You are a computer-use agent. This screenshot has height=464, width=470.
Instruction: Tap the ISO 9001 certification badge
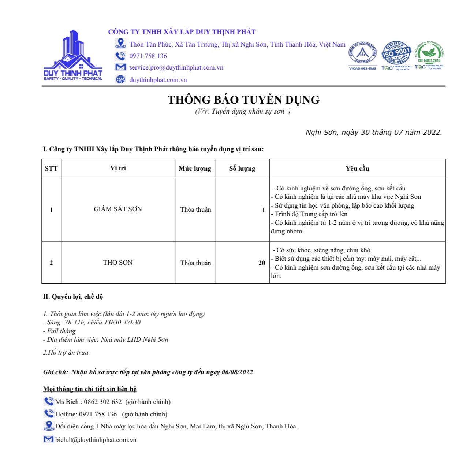pos(396,54)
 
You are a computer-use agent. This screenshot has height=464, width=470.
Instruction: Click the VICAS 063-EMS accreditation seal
pos(362,54)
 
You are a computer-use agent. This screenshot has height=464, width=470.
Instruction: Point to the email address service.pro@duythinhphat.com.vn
pos(176,68)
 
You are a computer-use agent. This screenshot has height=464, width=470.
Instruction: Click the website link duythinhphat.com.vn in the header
pos(158,80)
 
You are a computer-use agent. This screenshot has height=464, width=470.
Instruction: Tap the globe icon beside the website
pos(120,79)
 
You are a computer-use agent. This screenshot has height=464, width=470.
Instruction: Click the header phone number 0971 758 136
pos(148,56)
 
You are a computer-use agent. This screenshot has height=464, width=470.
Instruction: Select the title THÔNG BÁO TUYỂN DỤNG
pos(243,100)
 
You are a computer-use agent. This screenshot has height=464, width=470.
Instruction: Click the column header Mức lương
pos(195,168)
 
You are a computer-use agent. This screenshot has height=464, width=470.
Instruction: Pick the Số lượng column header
pos(242,168)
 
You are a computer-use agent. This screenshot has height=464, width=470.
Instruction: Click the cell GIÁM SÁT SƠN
pos(118,209)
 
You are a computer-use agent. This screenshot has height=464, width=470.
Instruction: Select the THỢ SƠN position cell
pos(118,263)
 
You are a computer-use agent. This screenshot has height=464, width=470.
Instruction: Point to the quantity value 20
pos(262,263)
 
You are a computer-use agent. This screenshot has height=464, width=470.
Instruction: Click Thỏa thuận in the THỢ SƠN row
pos(195,263)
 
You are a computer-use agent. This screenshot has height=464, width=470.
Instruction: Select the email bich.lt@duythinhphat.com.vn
pos(96,440)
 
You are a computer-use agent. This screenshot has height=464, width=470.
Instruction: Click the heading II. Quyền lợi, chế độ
pos(73,297)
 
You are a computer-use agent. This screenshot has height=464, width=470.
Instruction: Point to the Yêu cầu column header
pos(357,168)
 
